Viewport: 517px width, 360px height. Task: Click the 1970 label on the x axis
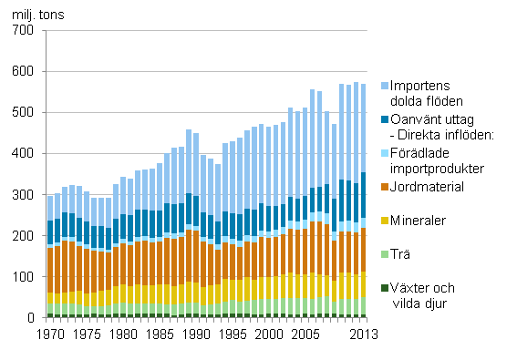click(50, 334)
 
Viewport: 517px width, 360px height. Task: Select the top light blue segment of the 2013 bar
click(362, 128)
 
